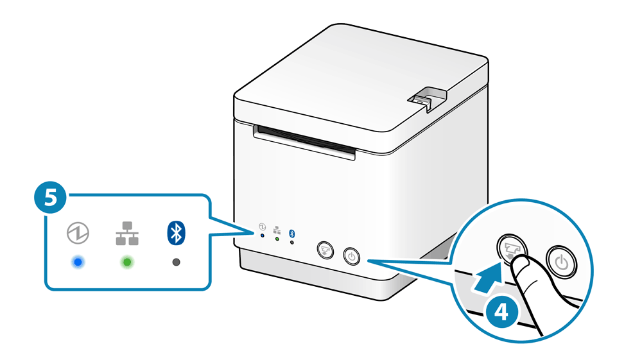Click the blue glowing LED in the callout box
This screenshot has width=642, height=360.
pyautogui.click(x=78, y=262)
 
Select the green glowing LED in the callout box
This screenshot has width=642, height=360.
pyautogui.click(x=127, y=262)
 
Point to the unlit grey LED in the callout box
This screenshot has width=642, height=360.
pyautogui.click(x=176, y=262)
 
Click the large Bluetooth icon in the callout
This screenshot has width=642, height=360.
pyautogui.click(x=176, y=233)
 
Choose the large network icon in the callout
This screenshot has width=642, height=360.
pyautogui.click(x=127, y=233)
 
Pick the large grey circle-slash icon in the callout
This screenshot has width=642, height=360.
pyautogui.click(x=78, y=233)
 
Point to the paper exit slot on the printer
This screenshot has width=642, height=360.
pyautogui.click(x=305, y=141)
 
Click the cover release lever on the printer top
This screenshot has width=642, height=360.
pyautogui.click(x=425, y=97)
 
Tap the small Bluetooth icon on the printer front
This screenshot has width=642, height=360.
pyautogui.click(x=292, y=232)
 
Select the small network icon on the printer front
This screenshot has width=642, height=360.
pyautogui.click(x=277, y=229)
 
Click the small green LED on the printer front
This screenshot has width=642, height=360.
pyautogui.click(x=277, y=239)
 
